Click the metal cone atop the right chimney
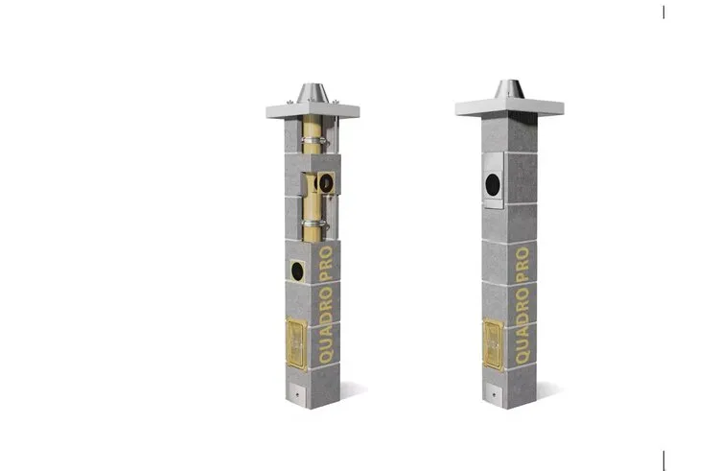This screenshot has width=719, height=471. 509,89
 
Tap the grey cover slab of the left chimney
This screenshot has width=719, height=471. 313,111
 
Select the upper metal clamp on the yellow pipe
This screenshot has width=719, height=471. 314,139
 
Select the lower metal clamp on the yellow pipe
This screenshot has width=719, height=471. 314,224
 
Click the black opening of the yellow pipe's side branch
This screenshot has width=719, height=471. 326,184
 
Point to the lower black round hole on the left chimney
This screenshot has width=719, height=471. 297,271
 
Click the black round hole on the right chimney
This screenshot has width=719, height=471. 493,184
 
